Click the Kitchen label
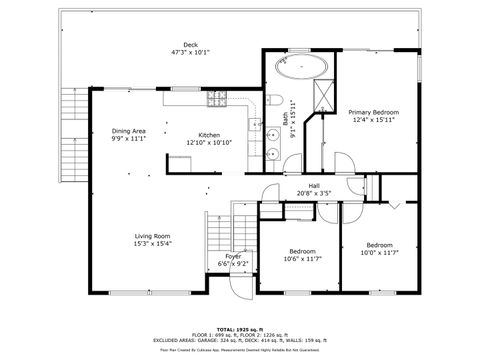[x=209, y=135]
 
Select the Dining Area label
[x=129, y=131]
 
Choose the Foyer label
[x=232, y=256]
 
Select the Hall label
[x=314, y=185]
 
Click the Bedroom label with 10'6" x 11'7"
[x=303, y=251]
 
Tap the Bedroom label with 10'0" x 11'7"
[x=379, y=245]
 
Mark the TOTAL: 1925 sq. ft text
[x=240, y=328]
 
